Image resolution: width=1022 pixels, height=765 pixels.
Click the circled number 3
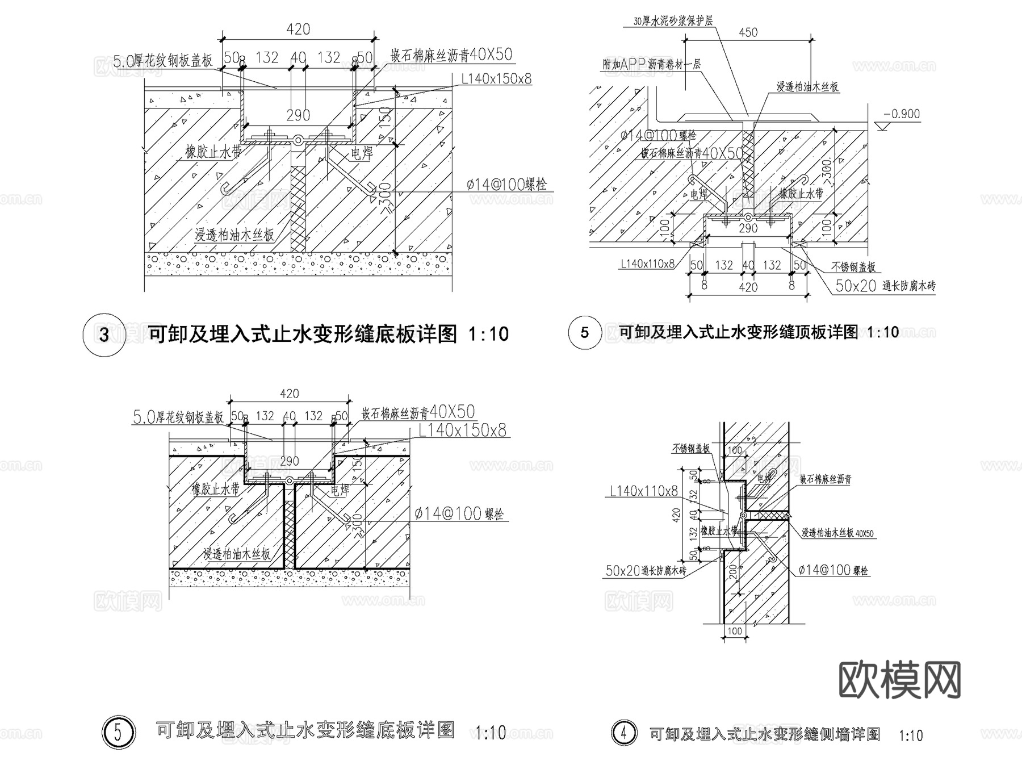coord(104,334)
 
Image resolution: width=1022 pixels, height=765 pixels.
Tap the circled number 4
coord(624,733)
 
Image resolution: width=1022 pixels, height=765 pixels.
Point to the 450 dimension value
coord(748,32)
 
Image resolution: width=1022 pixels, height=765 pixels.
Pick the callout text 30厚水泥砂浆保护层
coord(673,22)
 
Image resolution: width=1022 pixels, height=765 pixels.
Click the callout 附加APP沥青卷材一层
coord(651,64)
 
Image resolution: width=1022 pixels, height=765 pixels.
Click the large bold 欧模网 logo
coord(899,680)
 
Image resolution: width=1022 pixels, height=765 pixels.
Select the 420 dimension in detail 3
coord(298,29)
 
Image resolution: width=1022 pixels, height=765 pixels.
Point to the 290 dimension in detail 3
coord(298,115)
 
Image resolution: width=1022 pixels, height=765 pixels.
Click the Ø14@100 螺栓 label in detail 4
coord(833,570)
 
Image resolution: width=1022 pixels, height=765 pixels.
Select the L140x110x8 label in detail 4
coord(644,491)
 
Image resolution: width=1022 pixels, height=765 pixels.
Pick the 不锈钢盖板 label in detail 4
coord(690,449)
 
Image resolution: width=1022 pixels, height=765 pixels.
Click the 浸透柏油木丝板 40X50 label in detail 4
coord(837,533)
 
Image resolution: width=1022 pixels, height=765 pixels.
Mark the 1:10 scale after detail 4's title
coord(911,736)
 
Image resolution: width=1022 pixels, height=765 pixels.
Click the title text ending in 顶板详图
coord(738,332)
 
